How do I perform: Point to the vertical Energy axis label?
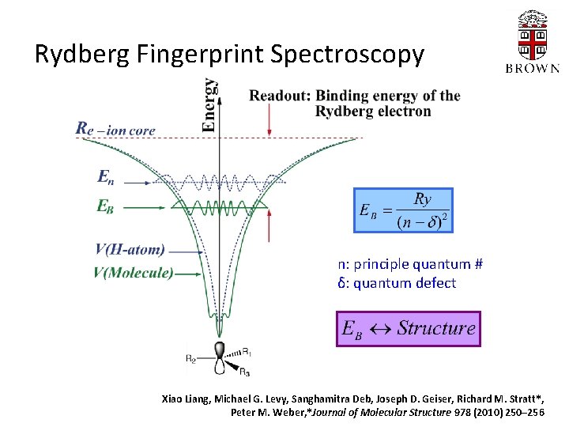click(209, 104)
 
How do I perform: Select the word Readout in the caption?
click(280, 96)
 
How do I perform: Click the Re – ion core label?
click(115, 128)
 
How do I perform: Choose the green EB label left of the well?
click(108, 206)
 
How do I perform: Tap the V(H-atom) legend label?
click(130, 250)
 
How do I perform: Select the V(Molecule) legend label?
click(133, 273)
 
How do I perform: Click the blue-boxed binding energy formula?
click(403, 210)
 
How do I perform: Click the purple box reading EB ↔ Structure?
click(408, 328)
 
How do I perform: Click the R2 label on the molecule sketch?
click(190, 359)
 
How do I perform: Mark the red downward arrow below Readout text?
click(269, 119)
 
